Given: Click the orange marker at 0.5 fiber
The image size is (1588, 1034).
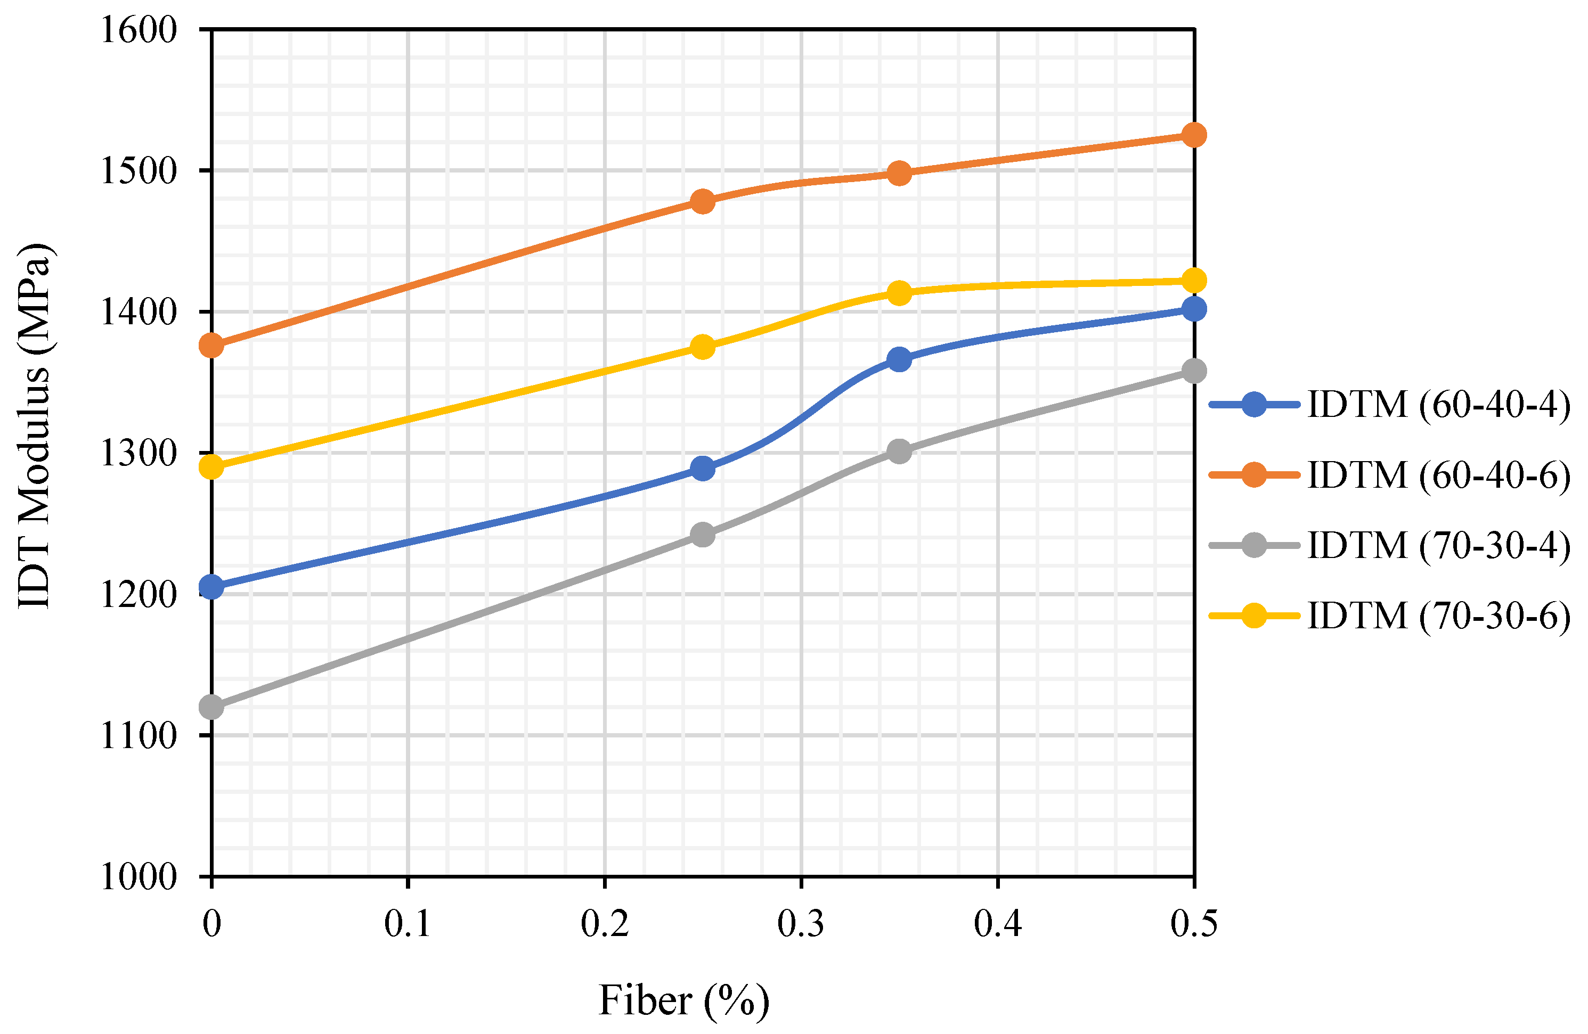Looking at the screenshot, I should (x=1194, y=135).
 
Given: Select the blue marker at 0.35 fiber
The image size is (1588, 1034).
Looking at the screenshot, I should (x=899, y=359).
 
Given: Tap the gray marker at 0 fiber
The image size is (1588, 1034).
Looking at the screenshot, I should (x=211, y=707).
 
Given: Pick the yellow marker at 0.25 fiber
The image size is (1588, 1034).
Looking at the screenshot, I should (x=703, y=347).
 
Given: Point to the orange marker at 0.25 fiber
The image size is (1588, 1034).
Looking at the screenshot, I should (x=703, y=201).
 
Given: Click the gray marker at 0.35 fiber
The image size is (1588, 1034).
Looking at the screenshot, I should (x=899, y=452).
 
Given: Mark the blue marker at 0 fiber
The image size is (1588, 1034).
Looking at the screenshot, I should (x=211, y=587).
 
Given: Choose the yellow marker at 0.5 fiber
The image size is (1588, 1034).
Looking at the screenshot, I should (x=1194, y=280).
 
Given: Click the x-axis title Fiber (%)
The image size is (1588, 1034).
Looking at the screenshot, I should (x=684, y=1000).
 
